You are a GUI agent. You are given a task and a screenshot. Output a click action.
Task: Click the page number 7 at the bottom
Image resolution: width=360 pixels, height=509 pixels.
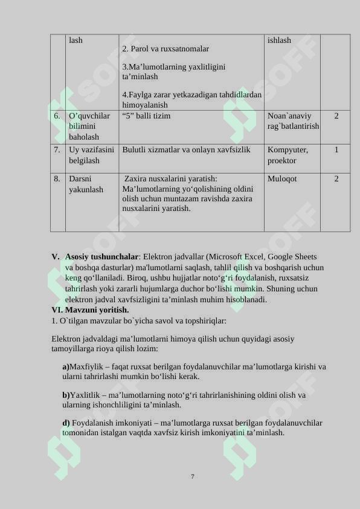pos(193,476)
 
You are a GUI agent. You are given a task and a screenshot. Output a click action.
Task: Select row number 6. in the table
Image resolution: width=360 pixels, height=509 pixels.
pos(57,115)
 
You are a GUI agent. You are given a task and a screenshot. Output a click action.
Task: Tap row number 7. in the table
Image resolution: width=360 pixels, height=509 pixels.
pos(57,149)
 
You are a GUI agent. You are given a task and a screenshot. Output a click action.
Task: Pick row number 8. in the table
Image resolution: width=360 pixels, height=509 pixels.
pos(57,179)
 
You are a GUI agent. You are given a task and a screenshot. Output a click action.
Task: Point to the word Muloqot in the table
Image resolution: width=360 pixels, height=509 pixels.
pos(282,179)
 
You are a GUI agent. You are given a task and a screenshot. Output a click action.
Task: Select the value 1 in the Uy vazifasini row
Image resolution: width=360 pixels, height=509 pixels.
pos(336,149)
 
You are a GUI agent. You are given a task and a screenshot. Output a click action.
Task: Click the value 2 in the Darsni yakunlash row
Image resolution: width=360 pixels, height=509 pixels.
pos(336,179)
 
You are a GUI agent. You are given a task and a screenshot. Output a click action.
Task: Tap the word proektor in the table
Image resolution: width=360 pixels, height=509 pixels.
pos(282,160)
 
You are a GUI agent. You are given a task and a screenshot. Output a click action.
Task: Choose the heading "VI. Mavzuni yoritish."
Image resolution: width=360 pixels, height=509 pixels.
pos(91,310)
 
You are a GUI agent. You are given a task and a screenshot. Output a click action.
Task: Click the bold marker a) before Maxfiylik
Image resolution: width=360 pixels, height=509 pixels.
pos(66,366)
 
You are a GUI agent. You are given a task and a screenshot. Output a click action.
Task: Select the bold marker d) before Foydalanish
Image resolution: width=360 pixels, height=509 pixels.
pos(66,423)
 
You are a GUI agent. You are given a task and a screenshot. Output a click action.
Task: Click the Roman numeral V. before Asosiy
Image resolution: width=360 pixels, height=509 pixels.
pos(56,256)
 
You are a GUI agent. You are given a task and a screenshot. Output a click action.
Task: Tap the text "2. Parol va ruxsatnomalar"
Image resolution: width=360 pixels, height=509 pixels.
pos(166,48)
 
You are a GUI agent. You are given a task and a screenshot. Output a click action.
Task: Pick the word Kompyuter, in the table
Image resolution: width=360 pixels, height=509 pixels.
pos(288,149)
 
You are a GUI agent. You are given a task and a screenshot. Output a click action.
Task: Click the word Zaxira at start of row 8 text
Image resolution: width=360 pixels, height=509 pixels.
pos(137,179)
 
